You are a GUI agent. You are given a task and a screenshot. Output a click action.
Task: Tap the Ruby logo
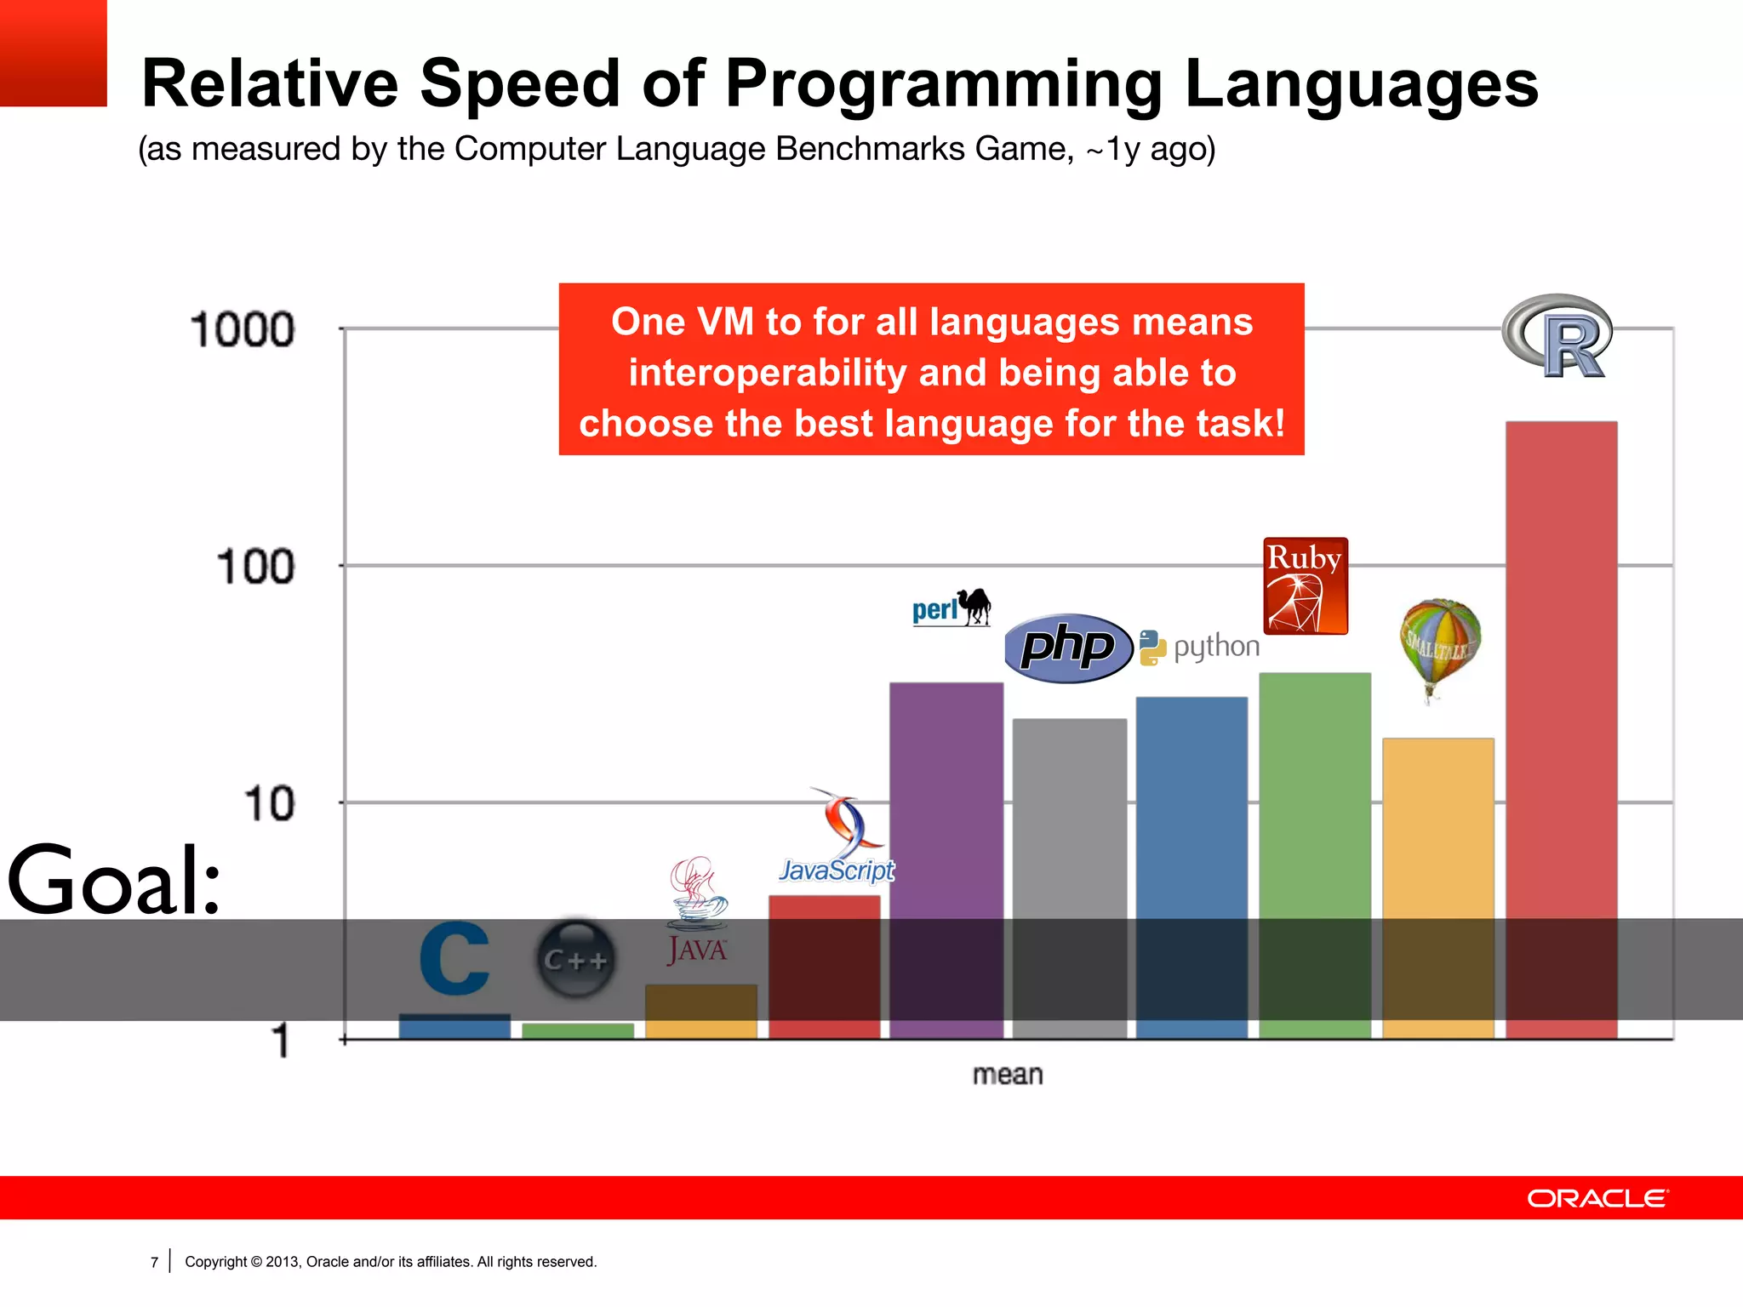[1305, 585]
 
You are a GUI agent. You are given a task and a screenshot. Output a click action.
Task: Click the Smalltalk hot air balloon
[1439, 647]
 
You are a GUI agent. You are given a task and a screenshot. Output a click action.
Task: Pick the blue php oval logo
[1068, 648]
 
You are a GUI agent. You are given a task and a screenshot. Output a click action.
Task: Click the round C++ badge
[576, 960]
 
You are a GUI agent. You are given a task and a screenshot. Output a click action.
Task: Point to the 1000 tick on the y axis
[243, 330]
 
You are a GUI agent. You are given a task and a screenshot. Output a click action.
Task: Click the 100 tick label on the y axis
[255, 567]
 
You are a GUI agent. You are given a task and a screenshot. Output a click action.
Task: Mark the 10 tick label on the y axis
[268, 803]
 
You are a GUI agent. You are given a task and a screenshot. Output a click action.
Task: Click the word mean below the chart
[1008, 1075]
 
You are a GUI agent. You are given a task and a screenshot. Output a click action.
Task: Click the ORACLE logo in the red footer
[1597, 1198]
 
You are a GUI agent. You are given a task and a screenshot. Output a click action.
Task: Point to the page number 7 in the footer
[154, 1262]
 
